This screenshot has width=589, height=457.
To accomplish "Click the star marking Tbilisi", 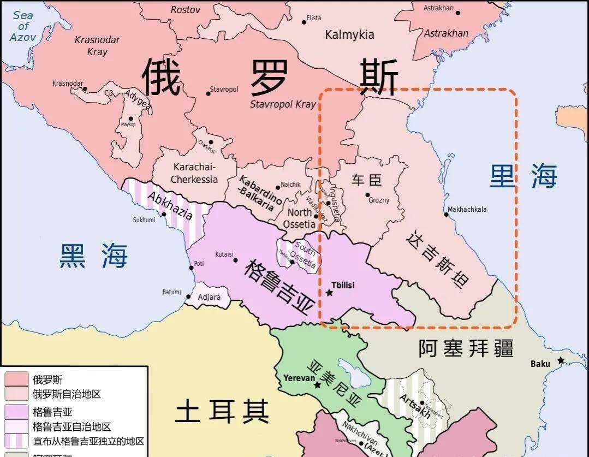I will (329, 293).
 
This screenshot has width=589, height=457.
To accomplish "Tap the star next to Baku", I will (561, 361).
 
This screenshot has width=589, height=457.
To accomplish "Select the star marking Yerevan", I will (317, 385).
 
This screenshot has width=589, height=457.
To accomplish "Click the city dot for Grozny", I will (367, 195).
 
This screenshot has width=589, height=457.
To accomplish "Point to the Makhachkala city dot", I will (446, 215).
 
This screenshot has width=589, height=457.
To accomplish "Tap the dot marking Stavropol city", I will (208, 93).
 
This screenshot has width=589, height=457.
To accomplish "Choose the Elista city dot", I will (304, 22).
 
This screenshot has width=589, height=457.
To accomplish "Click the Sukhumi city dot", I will (164, 215).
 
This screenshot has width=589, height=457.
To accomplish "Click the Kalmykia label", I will (349, 35).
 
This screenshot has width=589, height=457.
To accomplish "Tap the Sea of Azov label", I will (22, 26).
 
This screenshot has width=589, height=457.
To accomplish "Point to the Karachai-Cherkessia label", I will (194, 173).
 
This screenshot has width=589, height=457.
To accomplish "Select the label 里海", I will (523, 177).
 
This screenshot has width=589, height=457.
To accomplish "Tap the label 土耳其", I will (222, 411).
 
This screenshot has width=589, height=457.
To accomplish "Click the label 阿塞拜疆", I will (466, 348).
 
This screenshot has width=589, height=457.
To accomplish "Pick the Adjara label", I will (209, 298).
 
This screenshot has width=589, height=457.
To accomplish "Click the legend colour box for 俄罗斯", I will (16, 379).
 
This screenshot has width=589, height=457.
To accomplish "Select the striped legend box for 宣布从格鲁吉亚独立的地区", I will (16, 441).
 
